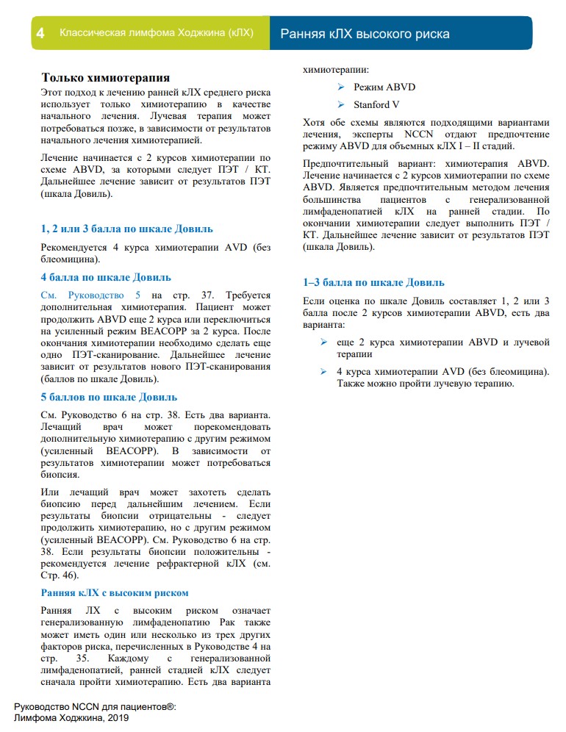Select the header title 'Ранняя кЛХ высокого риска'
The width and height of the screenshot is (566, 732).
tap(365, 34)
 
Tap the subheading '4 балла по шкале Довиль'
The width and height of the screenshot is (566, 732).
tap(106, 277)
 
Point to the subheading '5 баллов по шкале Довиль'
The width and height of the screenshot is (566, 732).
tap(109, 398)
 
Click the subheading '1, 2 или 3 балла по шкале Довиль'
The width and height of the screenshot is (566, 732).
tap(127, 229)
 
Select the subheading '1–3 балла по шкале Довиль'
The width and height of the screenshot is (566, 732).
tap(373, 282)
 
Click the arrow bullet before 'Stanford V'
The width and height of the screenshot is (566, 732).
tap(341, 104)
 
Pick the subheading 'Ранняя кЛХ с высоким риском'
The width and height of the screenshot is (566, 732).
tap(115, 593)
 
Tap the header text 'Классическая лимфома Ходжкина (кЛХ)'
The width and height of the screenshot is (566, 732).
tap(156, 34)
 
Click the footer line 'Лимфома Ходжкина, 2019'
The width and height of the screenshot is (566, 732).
tap(71, 717)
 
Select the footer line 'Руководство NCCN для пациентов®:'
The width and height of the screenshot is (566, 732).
tap(95, 706)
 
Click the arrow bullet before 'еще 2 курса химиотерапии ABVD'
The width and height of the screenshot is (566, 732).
tap(324, 342)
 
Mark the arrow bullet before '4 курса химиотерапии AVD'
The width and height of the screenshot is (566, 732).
tap(324, 372)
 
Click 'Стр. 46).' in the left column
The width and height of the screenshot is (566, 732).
tap(60, 575)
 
